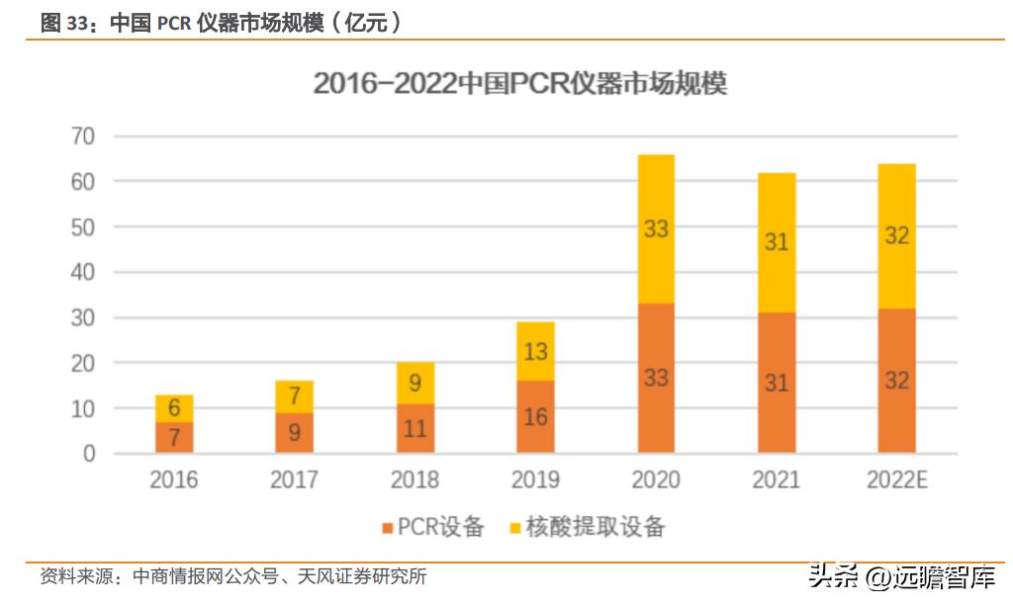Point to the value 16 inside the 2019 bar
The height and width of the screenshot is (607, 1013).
(535, 417)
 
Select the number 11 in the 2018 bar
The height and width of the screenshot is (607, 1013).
(414, 429)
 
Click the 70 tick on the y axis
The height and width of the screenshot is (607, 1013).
(82, 136)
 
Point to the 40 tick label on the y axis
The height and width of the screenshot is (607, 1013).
(82, 272)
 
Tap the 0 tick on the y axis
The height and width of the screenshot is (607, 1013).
(89, 454)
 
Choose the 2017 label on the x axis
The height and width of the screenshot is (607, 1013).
(294, 480)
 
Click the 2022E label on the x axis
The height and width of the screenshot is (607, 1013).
(896, 480)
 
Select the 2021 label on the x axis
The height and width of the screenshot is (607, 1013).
(777, 480)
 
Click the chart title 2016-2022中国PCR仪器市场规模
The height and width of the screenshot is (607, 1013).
(520, 84)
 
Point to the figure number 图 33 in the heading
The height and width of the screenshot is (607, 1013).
(65, 23)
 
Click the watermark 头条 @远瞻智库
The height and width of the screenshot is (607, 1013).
(901, 576)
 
